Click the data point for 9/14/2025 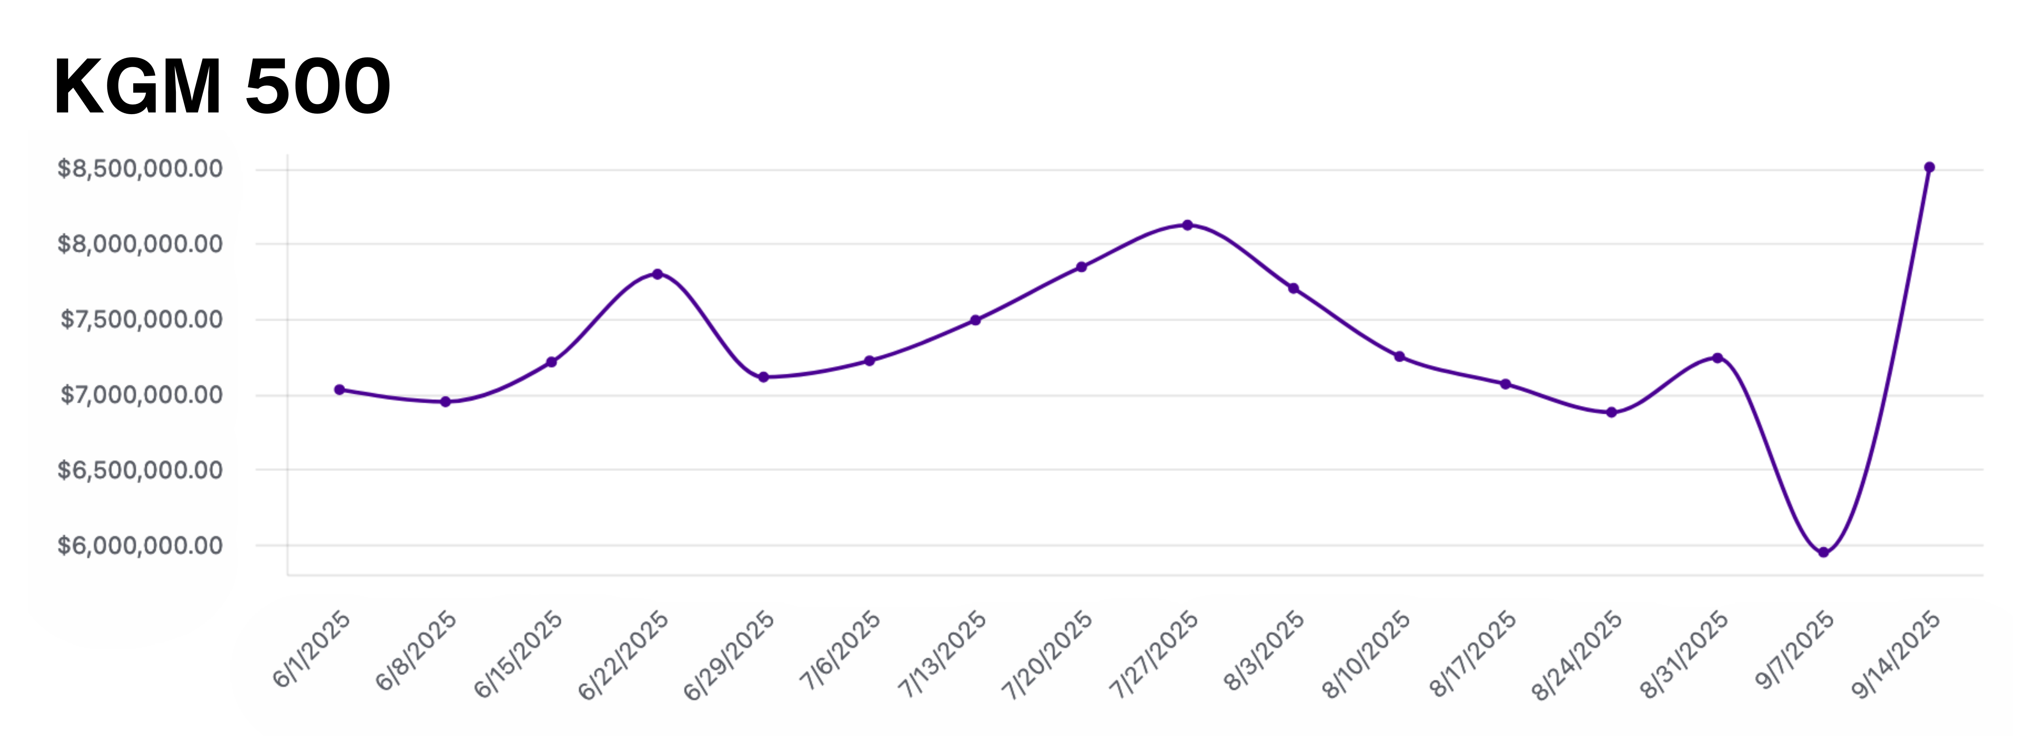click(1930, 167)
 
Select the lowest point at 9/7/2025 click(1823, 553)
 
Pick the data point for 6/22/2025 click(657, 274)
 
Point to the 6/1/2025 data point click(339, 389)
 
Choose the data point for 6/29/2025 click(764, 377)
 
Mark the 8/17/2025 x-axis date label click(1472, 655)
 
